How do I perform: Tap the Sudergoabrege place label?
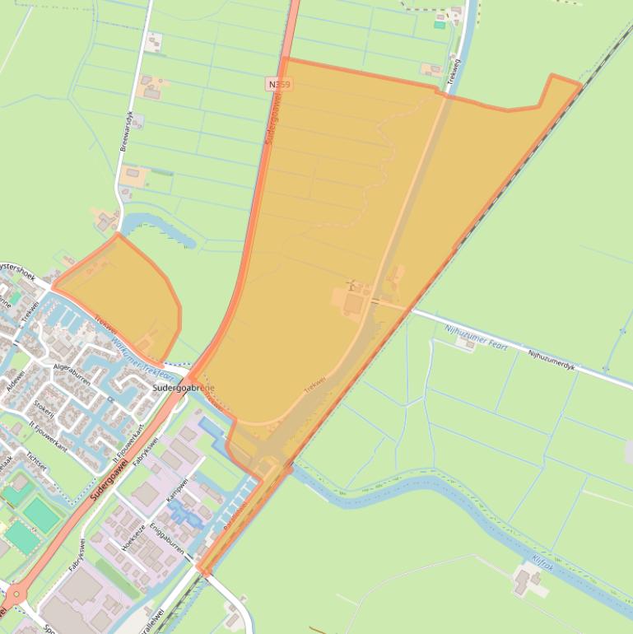click(x=184, y=387)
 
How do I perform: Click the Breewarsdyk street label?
click(x=126, y=131)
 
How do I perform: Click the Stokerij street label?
click(x=44, y=409)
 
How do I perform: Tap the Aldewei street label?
click(x=15, y=380)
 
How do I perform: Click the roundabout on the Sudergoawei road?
click(x=16, y=594)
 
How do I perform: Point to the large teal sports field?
click(x=41, y=514)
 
